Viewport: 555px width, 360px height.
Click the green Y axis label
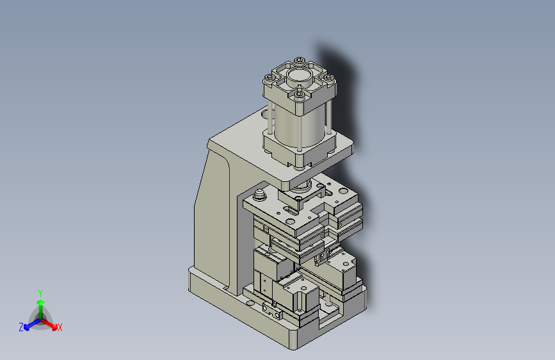pyautogui.click(x=40, y=291)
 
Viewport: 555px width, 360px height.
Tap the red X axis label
pyautogui.click(x=60, y=327)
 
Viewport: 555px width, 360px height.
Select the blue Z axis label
pyautogui.click(x=21, y=327)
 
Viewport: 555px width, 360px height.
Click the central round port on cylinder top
pyautogui.click(x=298, y=78)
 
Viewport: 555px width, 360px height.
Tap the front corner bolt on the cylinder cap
pyautogui.click(x=300, y=95)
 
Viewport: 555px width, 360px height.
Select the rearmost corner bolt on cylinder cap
pyautogui.click(x=298, y=61)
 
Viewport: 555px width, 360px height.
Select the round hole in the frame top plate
pyautogui.click(x=266, y=115)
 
